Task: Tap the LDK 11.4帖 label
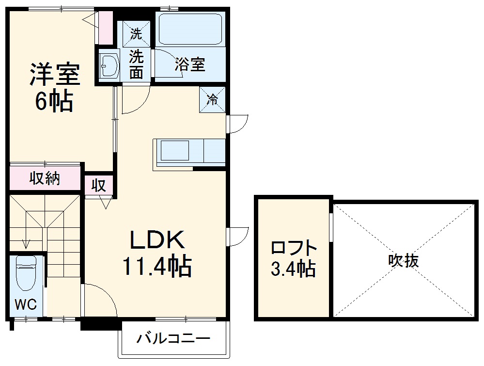pos(156,253)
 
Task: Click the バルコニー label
pos(173,338)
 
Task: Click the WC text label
pos(25,304)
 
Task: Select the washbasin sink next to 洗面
pos(109,65)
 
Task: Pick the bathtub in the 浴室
pos(190,29)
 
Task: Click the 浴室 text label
pos(190,65)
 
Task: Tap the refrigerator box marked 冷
pos(213,100)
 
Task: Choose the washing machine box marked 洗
pos(137,34)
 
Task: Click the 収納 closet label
pos(45,179)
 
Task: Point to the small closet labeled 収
pos(99,186)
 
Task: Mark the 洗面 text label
pos(137,65)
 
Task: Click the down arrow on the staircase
pos(26,242)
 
